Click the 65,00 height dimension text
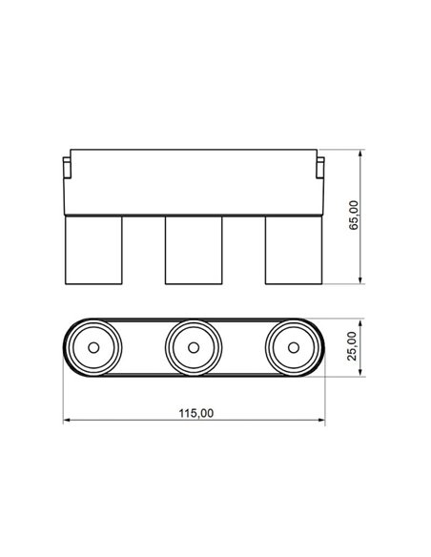(x=354, y=217)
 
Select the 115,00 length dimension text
(x=195, y=413)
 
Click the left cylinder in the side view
(x=93, y=249)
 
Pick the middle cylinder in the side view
(x=194, y=249)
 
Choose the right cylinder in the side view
(x=293, y=249)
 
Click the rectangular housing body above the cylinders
(x=194, y=181)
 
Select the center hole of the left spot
(x=93, y=347)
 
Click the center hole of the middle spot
(x=194, y=347)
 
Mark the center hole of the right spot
(x=293, y=347)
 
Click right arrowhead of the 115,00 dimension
(x=322, y=421)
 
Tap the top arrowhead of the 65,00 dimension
(x=360, y=152)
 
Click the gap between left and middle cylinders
(x=144, y=249)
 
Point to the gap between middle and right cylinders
(x=243, y=249)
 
